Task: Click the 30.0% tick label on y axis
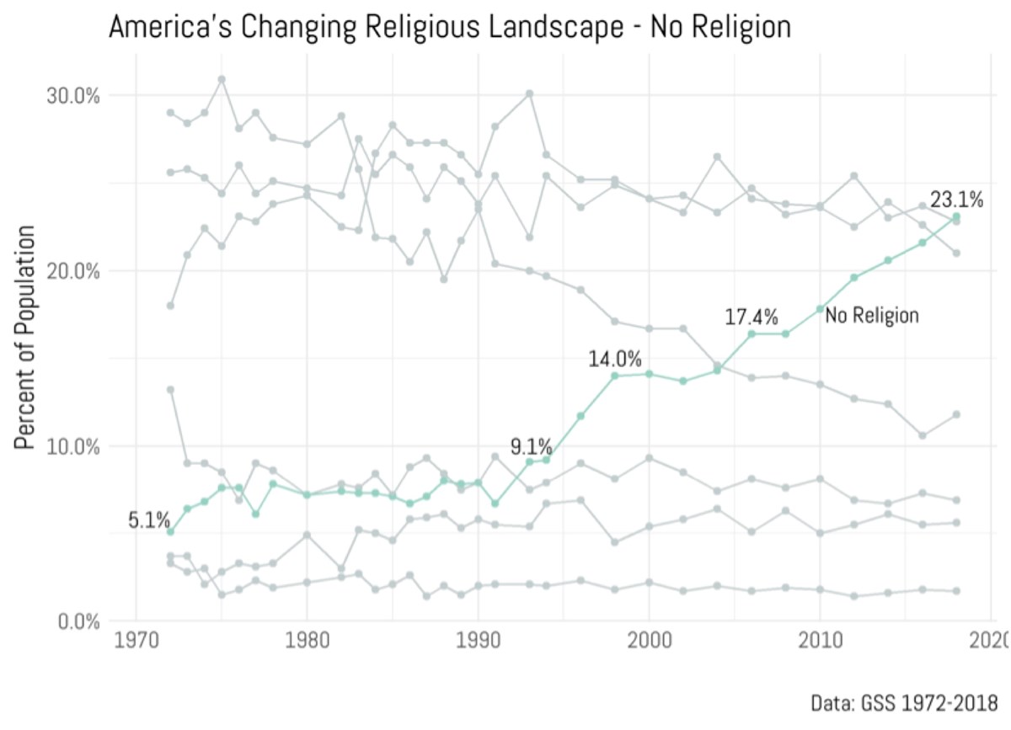pos(71,95)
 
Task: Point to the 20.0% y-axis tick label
pos(71,271)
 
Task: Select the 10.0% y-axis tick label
pos(71,446)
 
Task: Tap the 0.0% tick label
pos(76,621)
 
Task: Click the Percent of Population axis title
pos(27,337)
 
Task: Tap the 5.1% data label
pos(148,521)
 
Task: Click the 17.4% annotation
pos(752,317)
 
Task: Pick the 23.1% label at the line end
pos(957,200)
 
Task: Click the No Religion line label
pos(871,316)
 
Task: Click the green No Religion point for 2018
pos(956,216)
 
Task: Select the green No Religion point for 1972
pos(170,531)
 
